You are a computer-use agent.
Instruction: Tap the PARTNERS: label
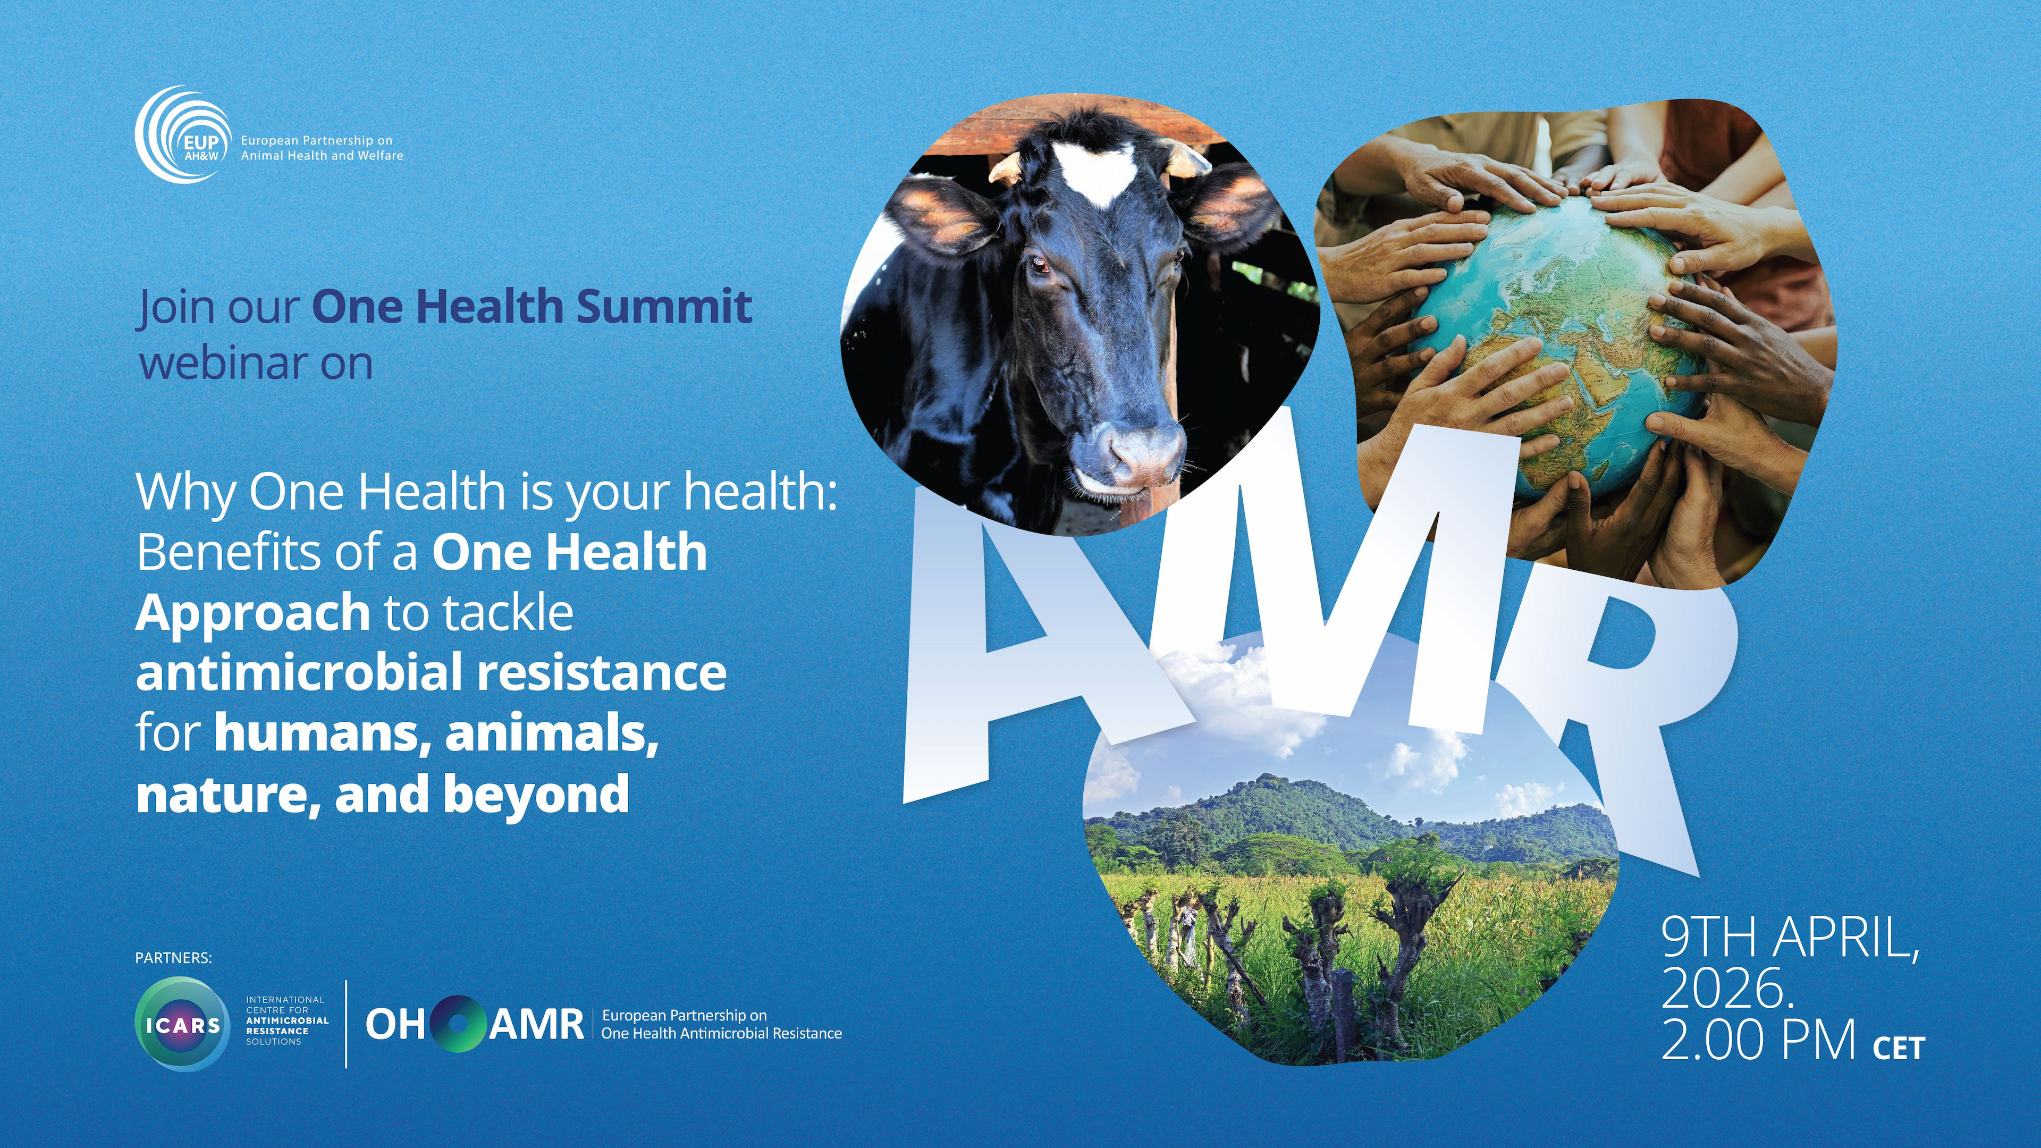173,958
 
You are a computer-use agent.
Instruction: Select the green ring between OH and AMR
457,1024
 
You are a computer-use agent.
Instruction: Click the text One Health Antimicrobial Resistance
721,1033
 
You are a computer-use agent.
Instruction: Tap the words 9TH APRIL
1789,938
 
